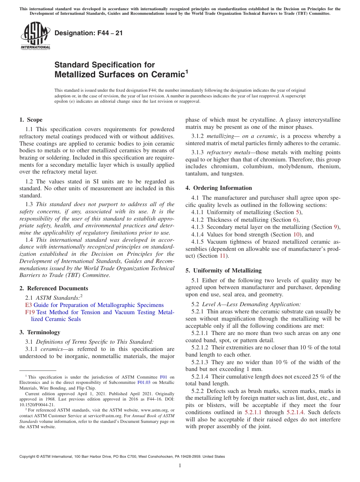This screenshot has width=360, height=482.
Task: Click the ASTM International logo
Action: (35, 36)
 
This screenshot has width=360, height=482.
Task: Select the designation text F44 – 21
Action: (89, 33)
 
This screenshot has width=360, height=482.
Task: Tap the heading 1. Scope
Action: (31, 120)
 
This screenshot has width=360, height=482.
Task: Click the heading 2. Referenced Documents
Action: (53, 288)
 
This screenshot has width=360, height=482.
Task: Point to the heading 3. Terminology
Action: (40, 332)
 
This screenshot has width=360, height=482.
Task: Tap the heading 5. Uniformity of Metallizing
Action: (224, 271)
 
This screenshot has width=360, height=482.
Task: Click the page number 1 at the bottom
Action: (180, 466)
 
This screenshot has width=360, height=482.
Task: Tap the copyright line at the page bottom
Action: (122, 457)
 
